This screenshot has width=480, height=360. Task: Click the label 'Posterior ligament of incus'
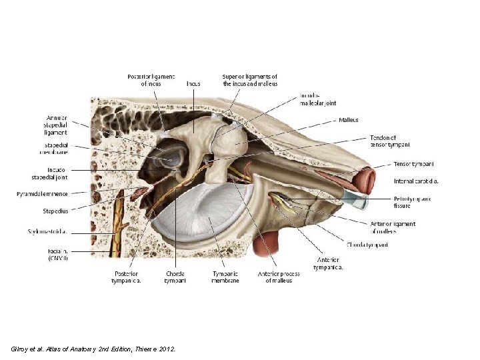pos(151,80)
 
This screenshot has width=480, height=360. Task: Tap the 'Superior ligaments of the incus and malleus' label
pos(250,80)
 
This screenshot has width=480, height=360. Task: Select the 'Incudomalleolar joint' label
pos(318,99)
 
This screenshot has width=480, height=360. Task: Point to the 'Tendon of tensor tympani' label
pos(389,141)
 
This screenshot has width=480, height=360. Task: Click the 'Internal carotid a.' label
pos(416,181)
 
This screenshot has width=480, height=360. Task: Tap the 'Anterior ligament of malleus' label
pos(393,227)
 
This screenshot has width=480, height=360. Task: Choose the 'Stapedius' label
pos(56,211)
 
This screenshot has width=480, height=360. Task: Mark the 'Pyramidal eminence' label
pos(43,194)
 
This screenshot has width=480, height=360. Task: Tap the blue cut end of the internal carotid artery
pos(358,198)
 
